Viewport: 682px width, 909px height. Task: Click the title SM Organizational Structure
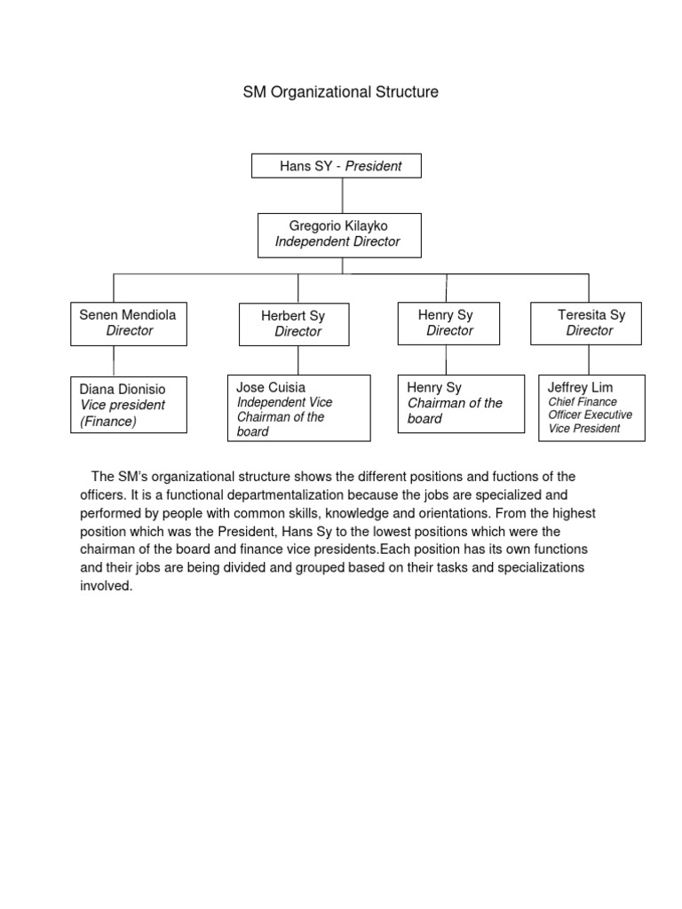coord(341,92)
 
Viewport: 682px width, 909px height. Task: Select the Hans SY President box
coord(337,166)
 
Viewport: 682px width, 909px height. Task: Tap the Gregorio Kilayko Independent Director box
coord(339,234)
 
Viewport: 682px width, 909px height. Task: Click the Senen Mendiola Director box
coord(128,323)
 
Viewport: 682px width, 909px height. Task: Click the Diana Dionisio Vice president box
coord(128,405)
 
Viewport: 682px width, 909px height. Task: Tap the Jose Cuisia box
coord(298,408)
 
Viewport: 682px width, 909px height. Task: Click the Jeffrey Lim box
coord(591,407)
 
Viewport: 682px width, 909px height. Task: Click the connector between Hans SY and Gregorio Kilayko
coord(342,195)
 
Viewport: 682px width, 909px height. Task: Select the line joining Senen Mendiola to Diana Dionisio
coord(114,360)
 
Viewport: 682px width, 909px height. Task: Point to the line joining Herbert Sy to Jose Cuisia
coord(298,360)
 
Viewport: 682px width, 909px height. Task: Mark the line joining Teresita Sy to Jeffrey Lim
coord(588,360)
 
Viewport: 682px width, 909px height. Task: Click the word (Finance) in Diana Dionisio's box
coord(108,422)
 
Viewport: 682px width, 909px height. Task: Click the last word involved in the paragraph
coord(106,587)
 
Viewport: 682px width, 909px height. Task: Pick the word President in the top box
coord(373,166)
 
